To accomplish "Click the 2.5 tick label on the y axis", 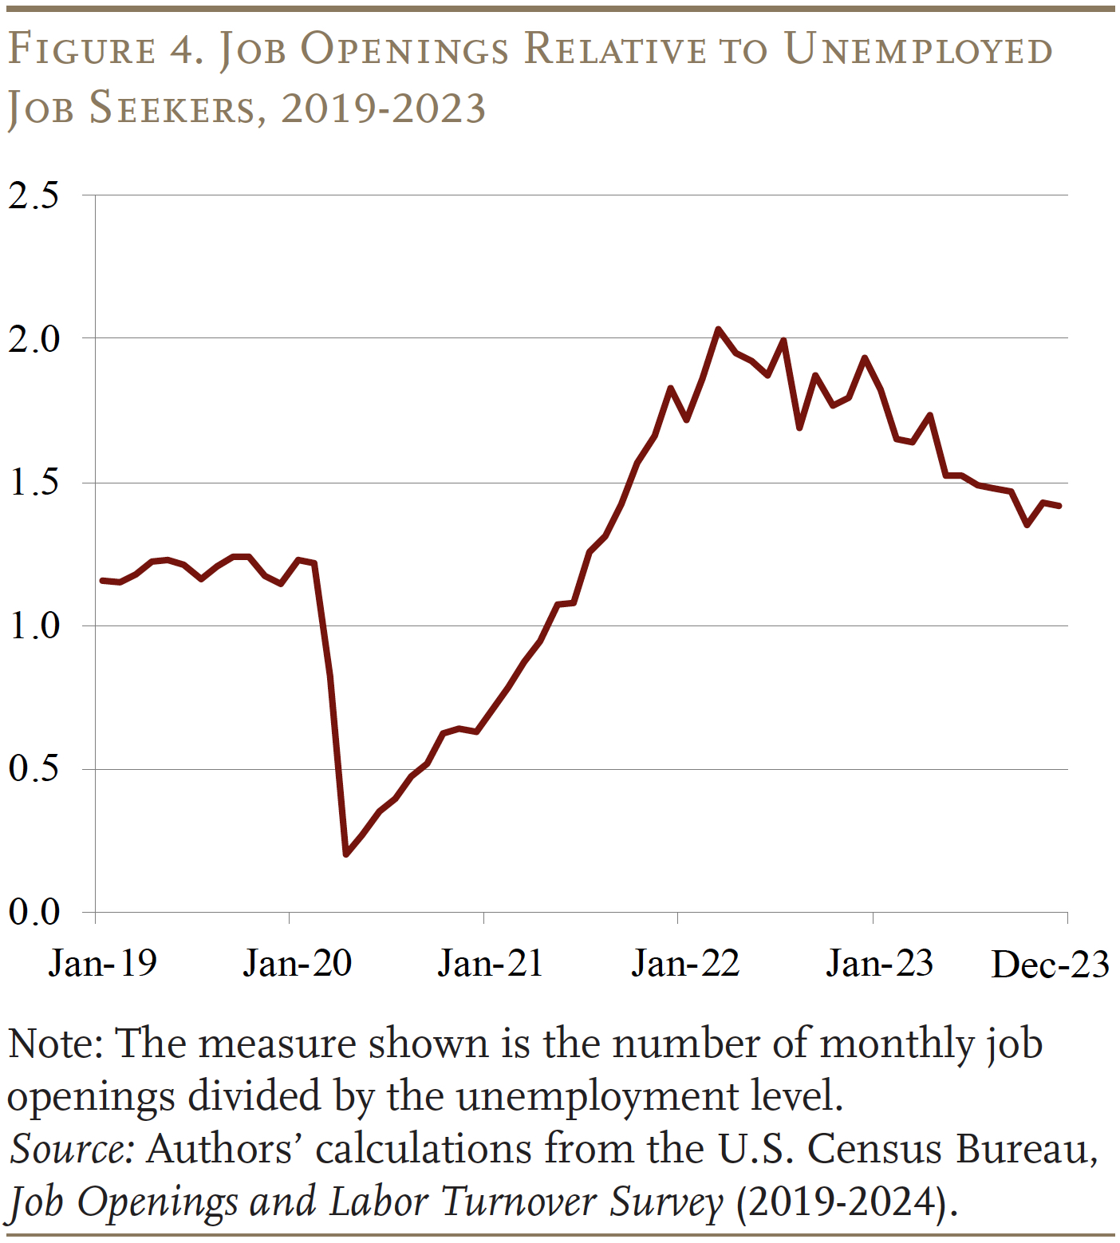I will (34, 195).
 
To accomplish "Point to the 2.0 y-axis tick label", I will (34, 339).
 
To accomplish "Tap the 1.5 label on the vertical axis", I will (34, 483).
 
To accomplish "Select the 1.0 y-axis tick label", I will (34, 625).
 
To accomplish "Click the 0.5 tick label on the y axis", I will (34, 769).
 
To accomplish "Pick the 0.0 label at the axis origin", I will (34, 912).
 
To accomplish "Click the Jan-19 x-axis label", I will (103, 963).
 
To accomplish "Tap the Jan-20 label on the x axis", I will (298, 963).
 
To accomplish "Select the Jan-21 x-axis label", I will (491, 963).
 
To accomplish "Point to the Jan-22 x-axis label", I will (686, 963).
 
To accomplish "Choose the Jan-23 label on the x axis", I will (880, 963).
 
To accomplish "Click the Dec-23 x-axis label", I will (1050, 965).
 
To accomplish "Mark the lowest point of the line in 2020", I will (346, 854).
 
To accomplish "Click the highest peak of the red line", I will (718, 329).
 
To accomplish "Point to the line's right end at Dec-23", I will (1059, 506).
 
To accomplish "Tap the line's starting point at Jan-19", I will (101, 580).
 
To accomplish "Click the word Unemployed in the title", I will (919, 49).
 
